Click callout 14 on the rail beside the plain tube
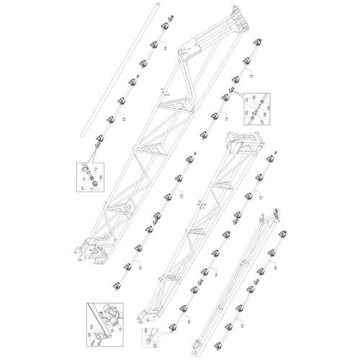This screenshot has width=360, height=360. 164,48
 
